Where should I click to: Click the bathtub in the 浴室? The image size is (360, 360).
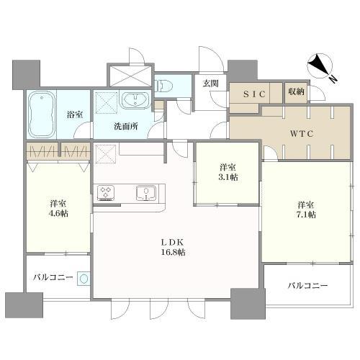pos(43,114)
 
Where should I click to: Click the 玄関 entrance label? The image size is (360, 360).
pos(210,83)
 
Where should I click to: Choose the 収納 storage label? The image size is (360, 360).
pos(296,91)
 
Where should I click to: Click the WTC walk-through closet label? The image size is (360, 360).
pos(300,133)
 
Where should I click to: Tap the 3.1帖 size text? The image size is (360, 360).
pos(229,177)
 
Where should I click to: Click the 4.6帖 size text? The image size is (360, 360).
pos(58,214)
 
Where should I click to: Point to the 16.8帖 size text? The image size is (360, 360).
pos(172,252)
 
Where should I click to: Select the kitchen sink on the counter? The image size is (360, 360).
pos(146,192)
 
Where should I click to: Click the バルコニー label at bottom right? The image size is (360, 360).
pos(307,286)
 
